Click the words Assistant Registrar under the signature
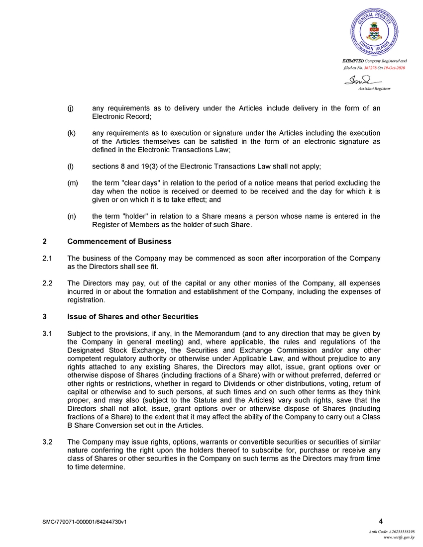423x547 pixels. (x=374, y=89)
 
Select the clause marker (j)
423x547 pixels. (x=71, y=108)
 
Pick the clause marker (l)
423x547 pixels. (x=70, y=165)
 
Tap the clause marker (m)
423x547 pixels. (x=72, y=182)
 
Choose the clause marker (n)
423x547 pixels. (x=71, y=216)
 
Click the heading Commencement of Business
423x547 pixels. (x=119, y=241)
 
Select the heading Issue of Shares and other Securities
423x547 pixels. (x=132, y=316)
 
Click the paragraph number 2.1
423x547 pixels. (x=48, y=259)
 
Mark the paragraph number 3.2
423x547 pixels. (x=48, y=442)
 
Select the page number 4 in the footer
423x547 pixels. (x=381, y=521)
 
